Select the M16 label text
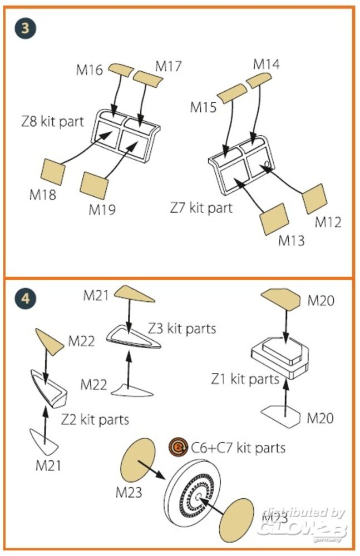(x=90, y=70)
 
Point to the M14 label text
(x=266, y=64)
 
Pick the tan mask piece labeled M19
(x=94, y=184)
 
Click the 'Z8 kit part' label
(x=52, y=121)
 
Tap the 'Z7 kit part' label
(x=201, y=209)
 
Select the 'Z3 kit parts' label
(x=181, y=328)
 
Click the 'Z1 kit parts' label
(x=244, y=379)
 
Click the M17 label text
(x=168, y=66)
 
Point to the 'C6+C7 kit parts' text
(x=238, y=447)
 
